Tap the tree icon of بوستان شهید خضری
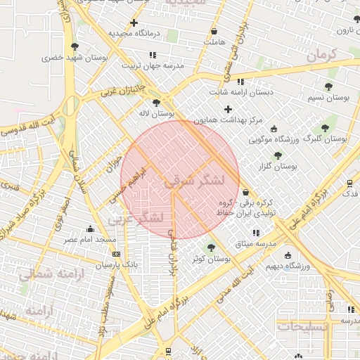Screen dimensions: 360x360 click(x=75, y=46)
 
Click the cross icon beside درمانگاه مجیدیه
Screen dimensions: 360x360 click(x=134, y=23)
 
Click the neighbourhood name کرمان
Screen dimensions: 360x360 click(x=323, y=53)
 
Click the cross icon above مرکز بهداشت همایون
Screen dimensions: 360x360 click(x=227, y=109)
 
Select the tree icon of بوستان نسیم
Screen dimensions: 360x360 click(x=328, y=86)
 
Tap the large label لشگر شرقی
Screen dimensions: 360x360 click(x=195, y=179)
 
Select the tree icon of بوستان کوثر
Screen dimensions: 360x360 click(x=210, y=247)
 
